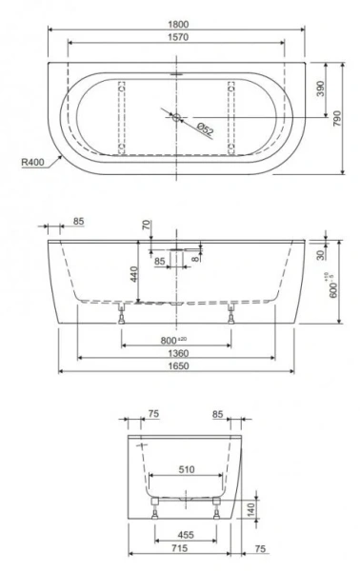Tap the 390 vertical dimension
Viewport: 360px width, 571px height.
pyautogui.click(x=321, y=89)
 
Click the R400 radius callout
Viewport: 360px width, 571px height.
pyautogui.click(x=32, y=162)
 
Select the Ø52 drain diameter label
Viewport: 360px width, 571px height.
pyautogui.click(x=204, y=127)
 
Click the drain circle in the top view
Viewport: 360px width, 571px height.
pyautogui.click(x=176, y=117)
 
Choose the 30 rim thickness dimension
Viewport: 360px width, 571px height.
pyautogui.click(x=322, y=254)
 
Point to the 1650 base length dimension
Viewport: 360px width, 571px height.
pyautogui.click(x=177, y=367)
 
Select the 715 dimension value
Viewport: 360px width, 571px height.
pyautogui.click(x=177, y=550)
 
